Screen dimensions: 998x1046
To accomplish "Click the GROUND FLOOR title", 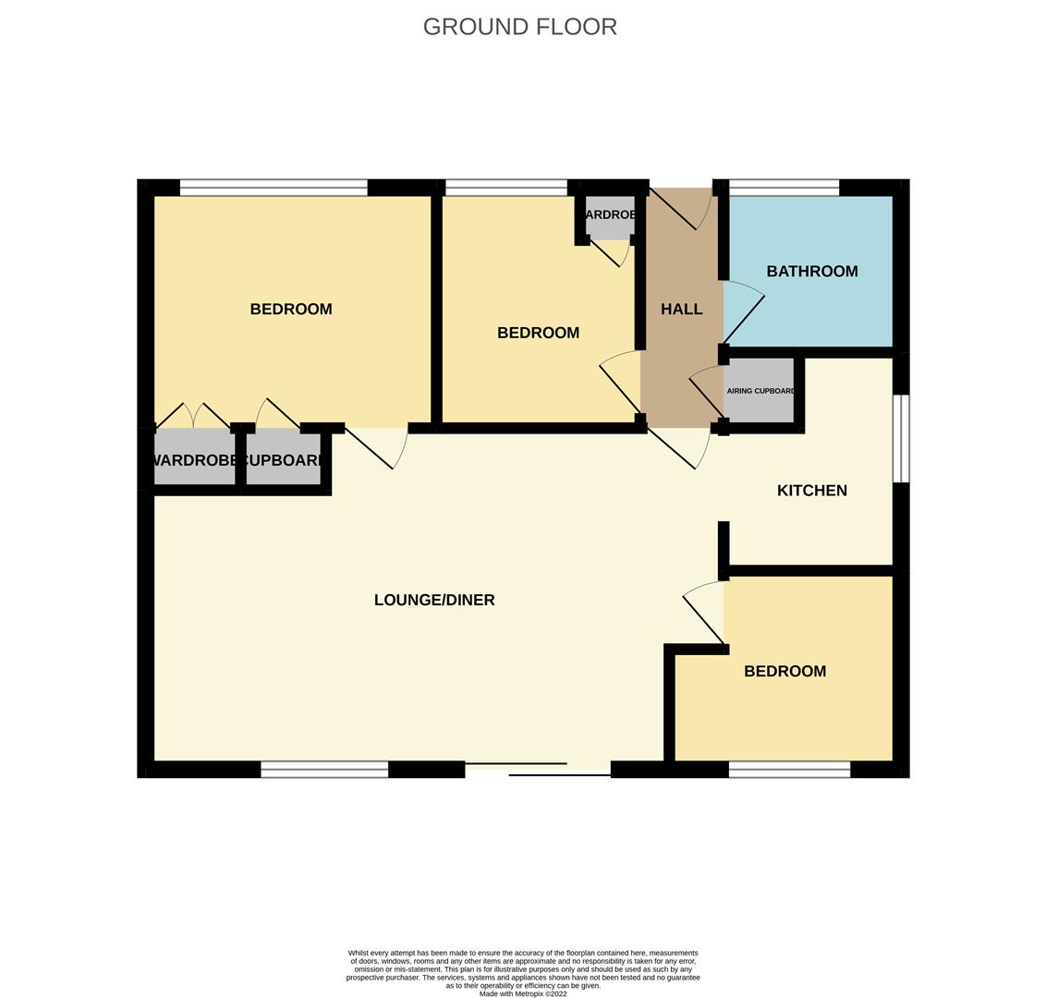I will tap(519, 27).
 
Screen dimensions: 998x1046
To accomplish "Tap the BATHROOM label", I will tap(811, 271).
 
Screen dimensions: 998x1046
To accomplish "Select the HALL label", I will tap(681, 310).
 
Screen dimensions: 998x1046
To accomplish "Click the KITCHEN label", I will tap(811, 491).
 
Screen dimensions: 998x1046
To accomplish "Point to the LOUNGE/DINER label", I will tap(433, 600).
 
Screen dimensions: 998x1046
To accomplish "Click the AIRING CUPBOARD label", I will tap(760, 391).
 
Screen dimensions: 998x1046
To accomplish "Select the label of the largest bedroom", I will tap(290, 310).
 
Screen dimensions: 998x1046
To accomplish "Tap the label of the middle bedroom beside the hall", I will tap(538, 333).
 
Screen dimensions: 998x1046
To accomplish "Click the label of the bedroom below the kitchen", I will tap(784, 671).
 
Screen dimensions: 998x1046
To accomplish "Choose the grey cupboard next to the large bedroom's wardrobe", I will tap(283, 459).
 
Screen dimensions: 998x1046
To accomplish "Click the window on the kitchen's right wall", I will tap(901, 439).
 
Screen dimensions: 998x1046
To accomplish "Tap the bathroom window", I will tap(784, 189).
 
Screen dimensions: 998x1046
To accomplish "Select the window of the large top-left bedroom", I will tap(274, 189).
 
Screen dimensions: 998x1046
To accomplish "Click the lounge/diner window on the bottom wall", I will tap(324, 770).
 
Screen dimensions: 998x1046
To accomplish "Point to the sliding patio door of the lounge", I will tap(538, 769).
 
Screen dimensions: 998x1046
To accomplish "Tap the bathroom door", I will tap(743, 314).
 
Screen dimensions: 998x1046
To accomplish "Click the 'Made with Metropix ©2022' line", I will tap(523, 994).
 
